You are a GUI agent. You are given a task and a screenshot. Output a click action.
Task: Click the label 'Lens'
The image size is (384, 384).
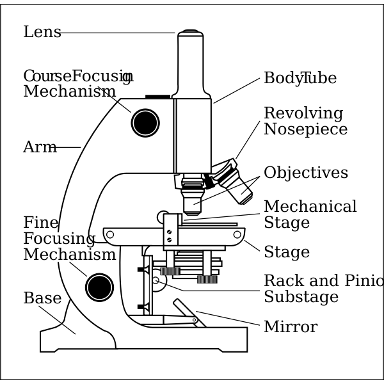pyautogui.click(x=42, y=33)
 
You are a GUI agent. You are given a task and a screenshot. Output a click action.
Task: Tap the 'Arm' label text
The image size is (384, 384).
pyautogui.click(x=40, y=148)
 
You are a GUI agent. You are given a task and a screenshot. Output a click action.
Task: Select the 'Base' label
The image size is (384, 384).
pyautogui.click(x=42, y=299)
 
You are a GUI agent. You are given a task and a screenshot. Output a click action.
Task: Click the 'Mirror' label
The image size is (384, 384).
pyautogui.click(x=290, y=328)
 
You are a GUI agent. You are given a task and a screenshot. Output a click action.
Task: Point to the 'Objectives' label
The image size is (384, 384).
pyautogui.click(x=305, y=173)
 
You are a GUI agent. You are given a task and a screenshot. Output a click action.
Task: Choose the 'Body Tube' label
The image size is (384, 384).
pyautogui.click(x=300, y=79)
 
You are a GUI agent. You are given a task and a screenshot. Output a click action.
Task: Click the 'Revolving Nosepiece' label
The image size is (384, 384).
pyautogui.click(x=305, y=122)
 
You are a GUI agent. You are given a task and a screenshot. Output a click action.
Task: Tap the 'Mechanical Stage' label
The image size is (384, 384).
pyautogui.click(x=310, y=215)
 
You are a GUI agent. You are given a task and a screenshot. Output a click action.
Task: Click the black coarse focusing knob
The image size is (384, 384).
pyautogui.click(x=145, y=123)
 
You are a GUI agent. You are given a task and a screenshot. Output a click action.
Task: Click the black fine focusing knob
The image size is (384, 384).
pyautogui.click(x=99, y=287)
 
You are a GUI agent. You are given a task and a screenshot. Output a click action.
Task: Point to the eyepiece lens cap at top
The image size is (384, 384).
pyautogui.click(x=190, y=32)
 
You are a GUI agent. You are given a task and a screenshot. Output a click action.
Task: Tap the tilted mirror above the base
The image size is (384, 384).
pyautogui.click(x=188, y=312)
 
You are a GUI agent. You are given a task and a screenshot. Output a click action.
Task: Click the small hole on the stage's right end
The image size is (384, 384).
pyautogui.click(x=237, y=235)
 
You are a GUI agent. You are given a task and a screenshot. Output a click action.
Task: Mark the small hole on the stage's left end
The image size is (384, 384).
pyautogui.click(x=110, y=235)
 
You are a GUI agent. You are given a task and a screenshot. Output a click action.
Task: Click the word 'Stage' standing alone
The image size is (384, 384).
pyautogui.click(x=286, y=253)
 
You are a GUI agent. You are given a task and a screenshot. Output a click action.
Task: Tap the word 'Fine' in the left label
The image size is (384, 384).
pyautogui.click(x=41, y=223)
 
